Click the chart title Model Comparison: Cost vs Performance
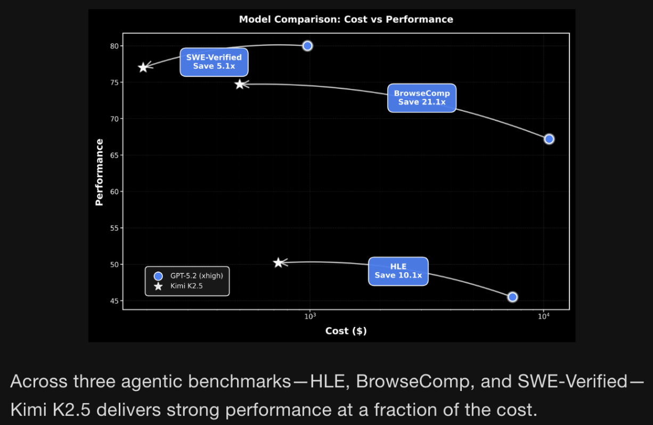coord(346,20)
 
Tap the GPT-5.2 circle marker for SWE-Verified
coord(307,46)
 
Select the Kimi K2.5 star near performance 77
coord(143,67)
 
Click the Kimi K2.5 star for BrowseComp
coord(240,84)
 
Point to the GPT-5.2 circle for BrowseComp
coord(549,139)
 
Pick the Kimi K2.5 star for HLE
coord(277,263)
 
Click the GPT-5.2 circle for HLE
coord(512,297)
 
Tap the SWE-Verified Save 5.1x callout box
coord(214,62)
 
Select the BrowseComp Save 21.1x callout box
coord(422,97)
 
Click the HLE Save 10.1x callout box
coord(398,271)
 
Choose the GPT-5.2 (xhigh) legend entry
coord(192,276)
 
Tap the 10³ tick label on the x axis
coord(310,316)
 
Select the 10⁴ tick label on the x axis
coord(543,316)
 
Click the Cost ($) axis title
coord(346,331)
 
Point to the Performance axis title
coord(99,172)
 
